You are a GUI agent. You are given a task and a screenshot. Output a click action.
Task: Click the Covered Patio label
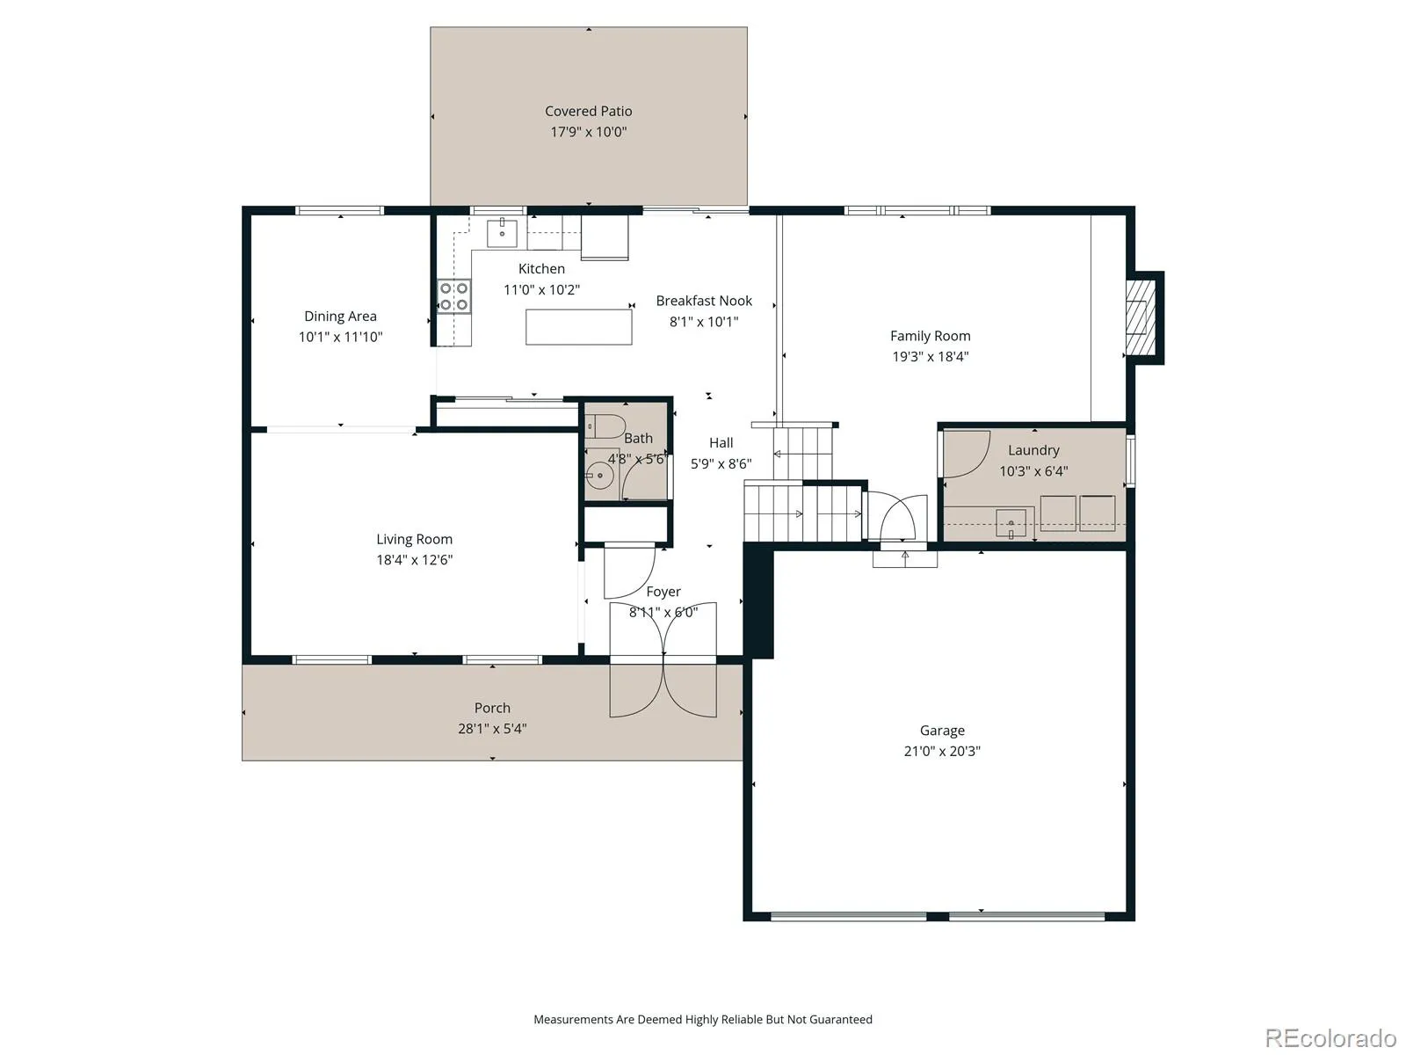[x=588, y=112]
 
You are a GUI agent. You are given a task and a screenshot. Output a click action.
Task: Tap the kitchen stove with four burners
[x=453, y=296]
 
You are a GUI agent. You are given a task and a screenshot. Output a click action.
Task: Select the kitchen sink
[x=502, y=232]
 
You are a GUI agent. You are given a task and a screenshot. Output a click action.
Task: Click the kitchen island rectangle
[x=578, y=327]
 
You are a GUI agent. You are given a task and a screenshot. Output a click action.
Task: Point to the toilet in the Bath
[x=605, y=426]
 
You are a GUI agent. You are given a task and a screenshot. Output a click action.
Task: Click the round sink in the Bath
[x=600, y=476]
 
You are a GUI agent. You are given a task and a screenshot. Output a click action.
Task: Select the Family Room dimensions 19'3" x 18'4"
[x=930, y=357]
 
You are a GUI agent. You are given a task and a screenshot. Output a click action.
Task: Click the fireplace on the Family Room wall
[x=1141, y=317]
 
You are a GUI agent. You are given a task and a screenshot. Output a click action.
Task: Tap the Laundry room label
[x=1033, y=450]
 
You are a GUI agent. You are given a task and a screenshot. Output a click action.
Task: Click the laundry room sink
[x=1011, y=523]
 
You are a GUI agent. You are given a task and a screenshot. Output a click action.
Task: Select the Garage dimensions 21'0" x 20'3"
[x=942, y=752]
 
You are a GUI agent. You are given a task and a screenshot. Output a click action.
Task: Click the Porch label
[x=492, y=708]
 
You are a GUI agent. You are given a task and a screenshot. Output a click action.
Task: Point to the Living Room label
[x=414, y=539]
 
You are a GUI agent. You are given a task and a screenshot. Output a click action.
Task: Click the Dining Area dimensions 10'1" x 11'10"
[x=340, y=337]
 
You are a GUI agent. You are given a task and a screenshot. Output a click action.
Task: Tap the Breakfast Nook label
[x=704, y=301]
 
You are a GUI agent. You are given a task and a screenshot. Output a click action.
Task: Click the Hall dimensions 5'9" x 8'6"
[x=721, y=464]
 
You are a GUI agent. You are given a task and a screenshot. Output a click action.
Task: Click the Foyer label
[x=663, y=592]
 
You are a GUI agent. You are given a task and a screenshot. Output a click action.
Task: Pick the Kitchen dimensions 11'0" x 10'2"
[x=541, y=290]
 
